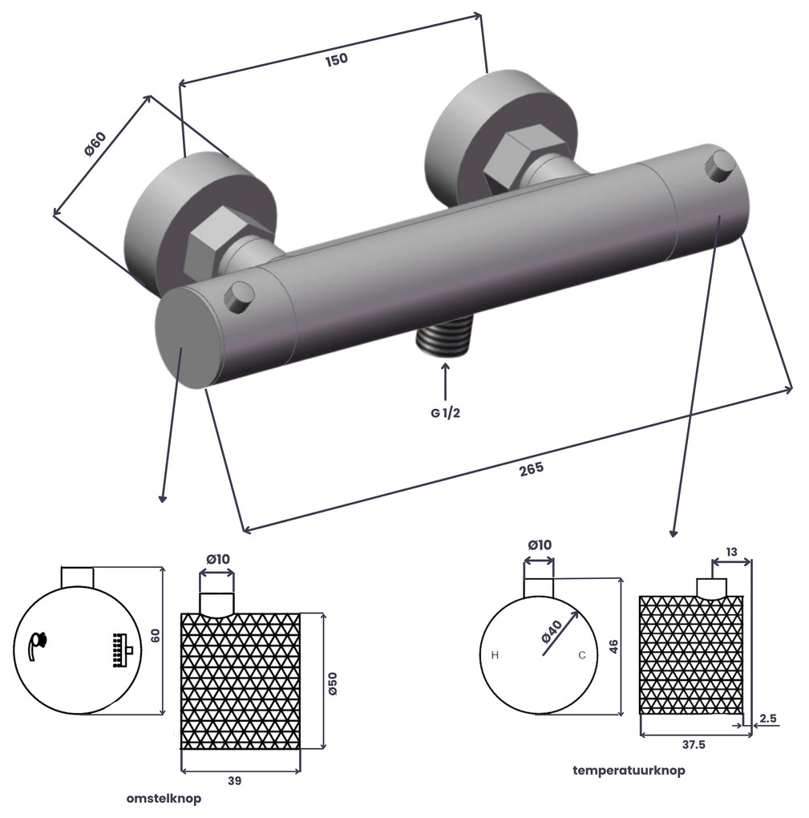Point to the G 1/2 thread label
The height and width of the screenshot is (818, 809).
coord(445,413)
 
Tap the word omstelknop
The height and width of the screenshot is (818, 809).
coord(164,799)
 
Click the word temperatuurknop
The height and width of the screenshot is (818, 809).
coord(629,771)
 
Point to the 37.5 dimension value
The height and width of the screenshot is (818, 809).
coord(694,744)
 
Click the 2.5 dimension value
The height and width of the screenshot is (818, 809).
coord(767,719)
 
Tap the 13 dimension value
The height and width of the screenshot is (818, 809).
coord(732,552)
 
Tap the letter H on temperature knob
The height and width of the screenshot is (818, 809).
coord(495,656)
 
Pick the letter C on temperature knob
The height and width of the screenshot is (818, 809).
coord(582,656)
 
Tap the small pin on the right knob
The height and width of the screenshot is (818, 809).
coord(718,167)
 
